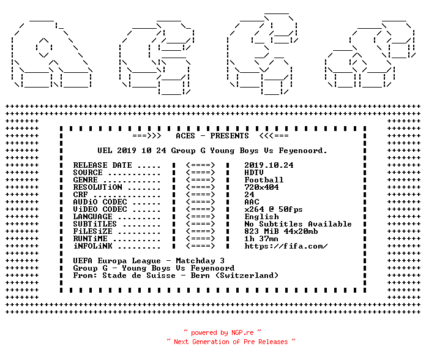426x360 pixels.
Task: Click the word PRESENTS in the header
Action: coord(230,136)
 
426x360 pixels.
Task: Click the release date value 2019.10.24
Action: coord(269,165)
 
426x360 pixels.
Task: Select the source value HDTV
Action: coord(254,173)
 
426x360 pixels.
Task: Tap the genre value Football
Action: coord(264,180)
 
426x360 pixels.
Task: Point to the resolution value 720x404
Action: coord(261,187)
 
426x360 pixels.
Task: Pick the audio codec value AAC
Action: coord(252,202)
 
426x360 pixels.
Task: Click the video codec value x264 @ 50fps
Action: coord(274,209)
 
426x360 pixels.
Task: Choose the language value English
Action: coord(261,217)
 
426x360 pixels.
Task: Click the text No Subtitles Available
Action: coord(298,224)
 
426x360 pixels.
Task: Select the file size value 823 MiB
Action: coord(261,231)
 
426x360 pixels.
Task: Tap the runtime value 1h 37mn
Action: coord(261,239)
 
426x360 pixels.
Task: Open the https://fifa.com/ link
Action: coord(286,246)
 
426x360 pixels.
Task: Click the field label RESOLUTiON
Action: coord(98,187)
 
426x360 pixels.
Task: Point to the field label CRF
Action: coord(81,195)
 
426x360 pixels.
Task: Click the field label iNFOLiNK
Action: coord(93,246)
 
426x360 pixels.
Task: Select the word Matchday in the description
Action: coord(195,261)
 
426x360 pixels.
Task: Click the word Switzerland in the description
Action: coord(249,276)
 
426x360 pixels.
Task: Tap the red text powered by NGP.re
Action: coord(222,332)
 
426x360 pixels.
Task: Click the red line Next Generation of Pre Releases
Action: coord(231,342)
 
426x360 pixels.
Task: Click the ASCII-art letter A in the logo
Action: coord(51,54)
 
